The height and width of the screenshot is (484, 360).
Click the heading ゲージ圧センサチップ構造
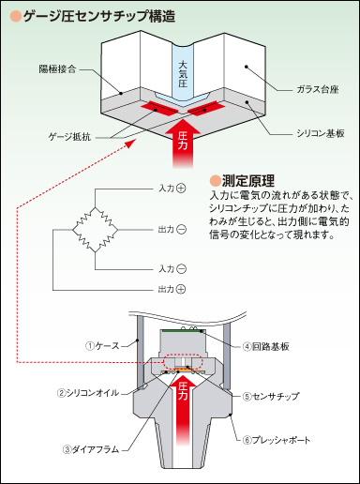click(x=99, y=16)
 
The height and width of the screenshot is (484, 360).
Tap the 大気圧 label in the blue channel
click(x=183, y=74)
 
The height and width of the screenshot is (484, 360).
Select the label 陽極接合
click(x=57, y=68)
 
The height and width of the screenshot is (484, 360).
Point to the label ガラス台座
click(x=318, y=89)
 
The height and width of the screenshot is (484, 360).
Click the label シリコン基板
click(x=321, y=133)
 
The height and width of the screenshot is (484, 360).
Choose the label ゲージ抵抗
click(x=69, y=137)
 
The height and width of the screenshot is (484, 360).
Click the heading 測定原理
click(x=248, y=180)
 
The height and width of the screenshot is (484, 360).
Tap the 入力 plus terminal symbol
click(x=181, y=189)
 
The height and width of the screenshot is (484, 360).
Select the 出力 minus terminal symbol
click(x=181, y=230)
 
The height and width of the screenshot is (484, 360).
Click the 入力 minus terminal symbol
click(x=181, y=269)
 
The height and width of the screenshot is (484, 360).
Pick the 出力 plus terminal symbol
click(x=181, y=289)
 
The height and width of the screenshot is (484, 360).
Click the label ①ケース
click(x=102, y=346)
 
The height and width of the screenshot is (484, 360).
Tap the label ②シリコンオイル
click(x=88, y=393)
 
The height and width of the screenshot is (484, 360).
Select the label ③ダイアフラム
click(x=91, y=449)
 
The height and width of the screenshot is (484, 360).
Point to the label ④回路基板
click(x=266, y=346)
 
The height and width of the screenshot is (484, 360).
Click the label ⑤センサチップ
click(x=271, y=397)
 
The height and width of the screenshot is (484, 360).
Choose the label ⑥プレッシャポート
click(x=277, y=440)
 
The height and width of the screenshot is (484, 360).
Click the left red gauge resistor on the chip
click(x=158, y=108)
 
